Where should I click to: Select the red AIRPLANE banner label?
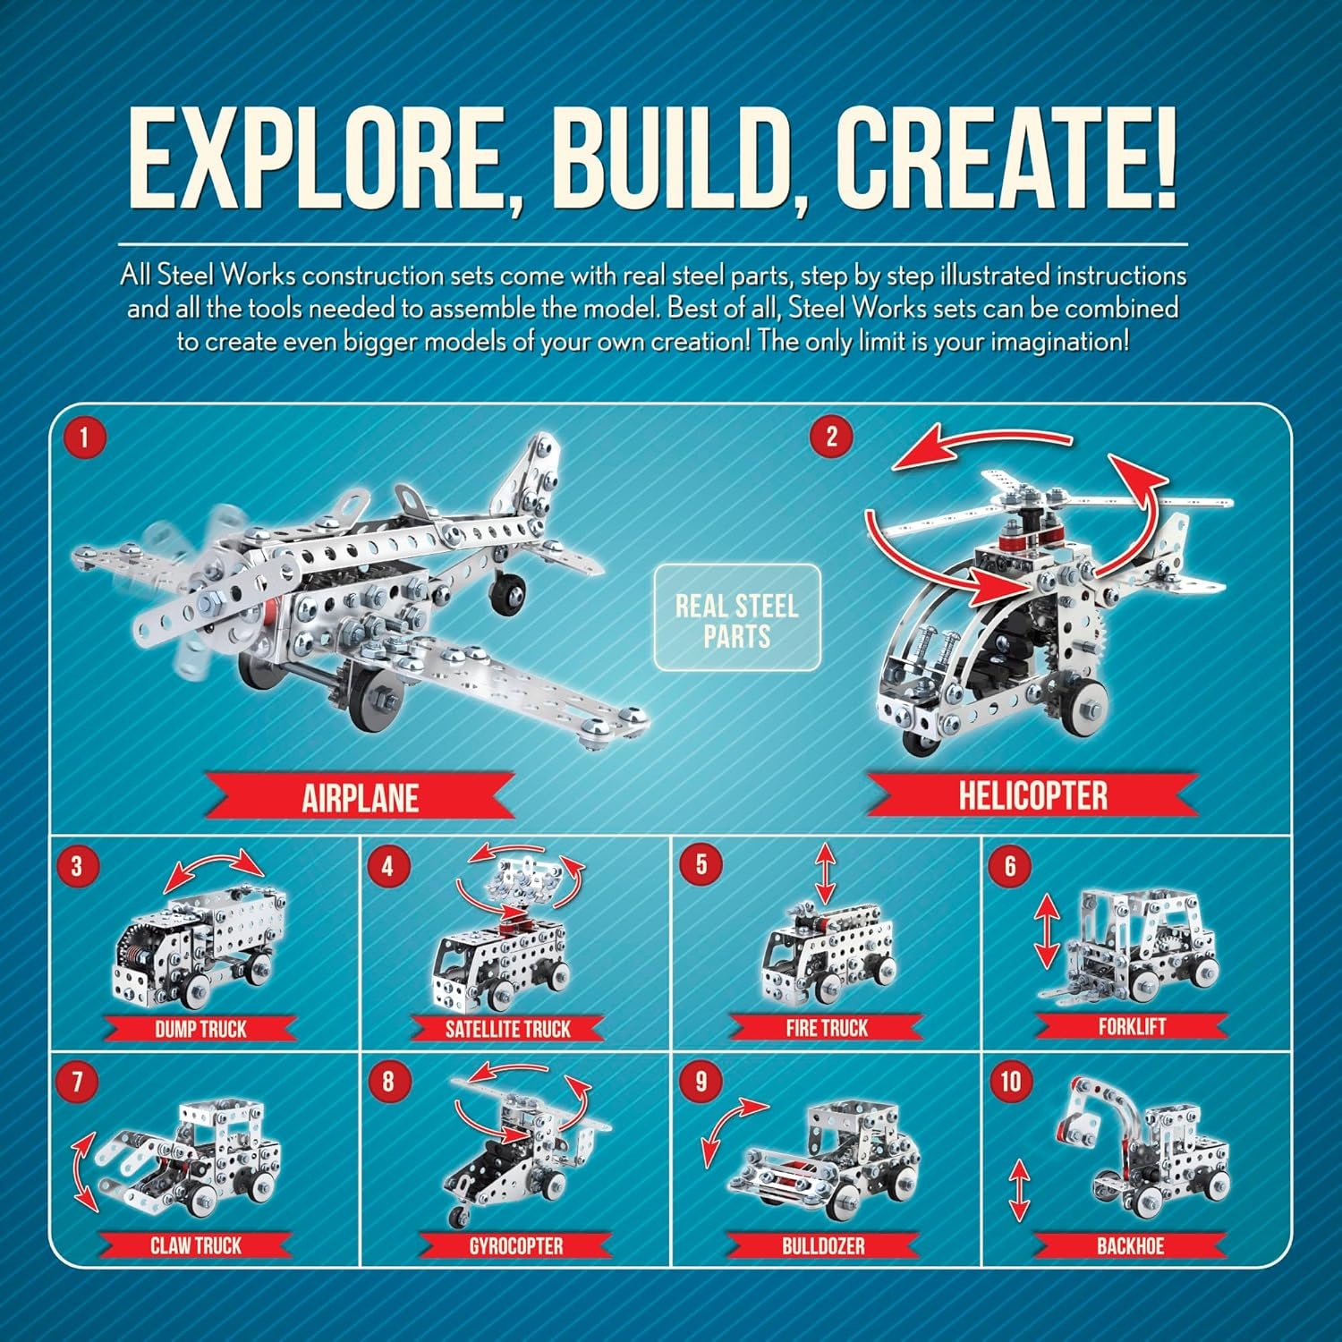(x=361, y=797)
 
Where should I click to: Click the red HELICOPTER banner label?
(x=1032, y=795)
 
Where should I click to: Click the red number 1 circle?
(x=85, y=438)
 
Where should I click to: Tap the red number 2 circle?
(x=831, y=437)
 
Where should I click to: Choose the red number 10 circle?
(x=1010, y=1082)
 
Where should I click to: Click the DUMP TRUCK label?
(x=200, y=1029)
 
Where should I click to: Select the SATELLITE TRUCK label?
(x=507, y=1029)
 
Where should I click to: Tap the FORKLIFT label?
(x=1132, y=1026)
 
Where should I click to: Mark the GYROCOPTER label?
(x=515, y=1245)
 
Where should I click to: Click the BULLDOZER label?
(x=823, y=1245)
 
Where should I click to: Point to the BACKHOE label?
(x=1130, y=1245)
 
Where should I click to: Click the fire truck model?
(x=828, y=953)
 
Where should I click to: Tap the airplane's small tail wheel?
(x=507, y=590)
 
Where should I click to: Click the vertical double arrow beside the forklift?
(x=1046, y=933)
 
